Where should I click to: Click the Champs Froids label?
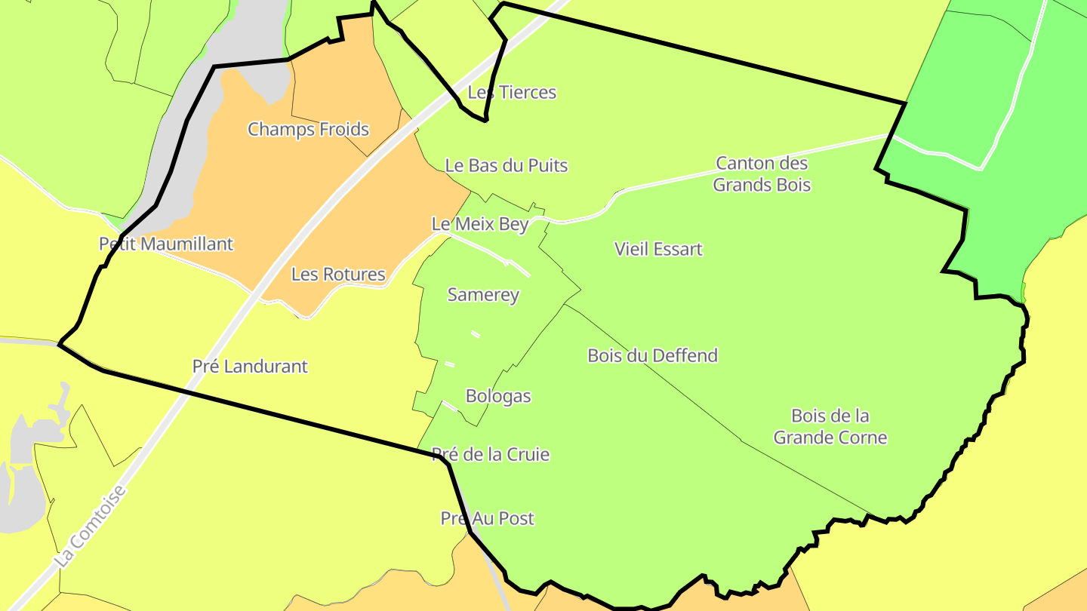308,129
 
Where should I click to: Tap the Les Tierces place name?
512,92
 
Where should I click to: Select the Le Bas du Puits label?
506,165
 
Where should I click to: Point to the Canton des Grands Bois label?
762,173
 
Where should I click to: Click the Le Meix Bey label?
479,224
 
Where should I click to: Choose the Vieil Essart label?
658,249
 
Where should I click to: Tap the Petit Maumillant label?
166,244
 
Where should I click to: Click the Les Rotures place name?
338,274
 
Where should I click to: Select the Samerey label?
483,294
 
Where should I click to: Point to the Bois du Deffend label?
652,355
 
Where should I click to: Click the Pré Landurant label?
250,366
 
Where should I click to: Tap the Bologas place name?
498,395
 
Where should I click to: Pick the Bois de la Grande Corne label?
830,426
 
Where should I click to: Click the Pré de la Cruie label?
490,454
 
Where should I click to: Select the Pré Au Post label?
487,518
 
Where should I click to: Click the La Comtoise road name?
91,527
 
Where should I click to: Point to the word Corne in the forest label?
866,438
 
